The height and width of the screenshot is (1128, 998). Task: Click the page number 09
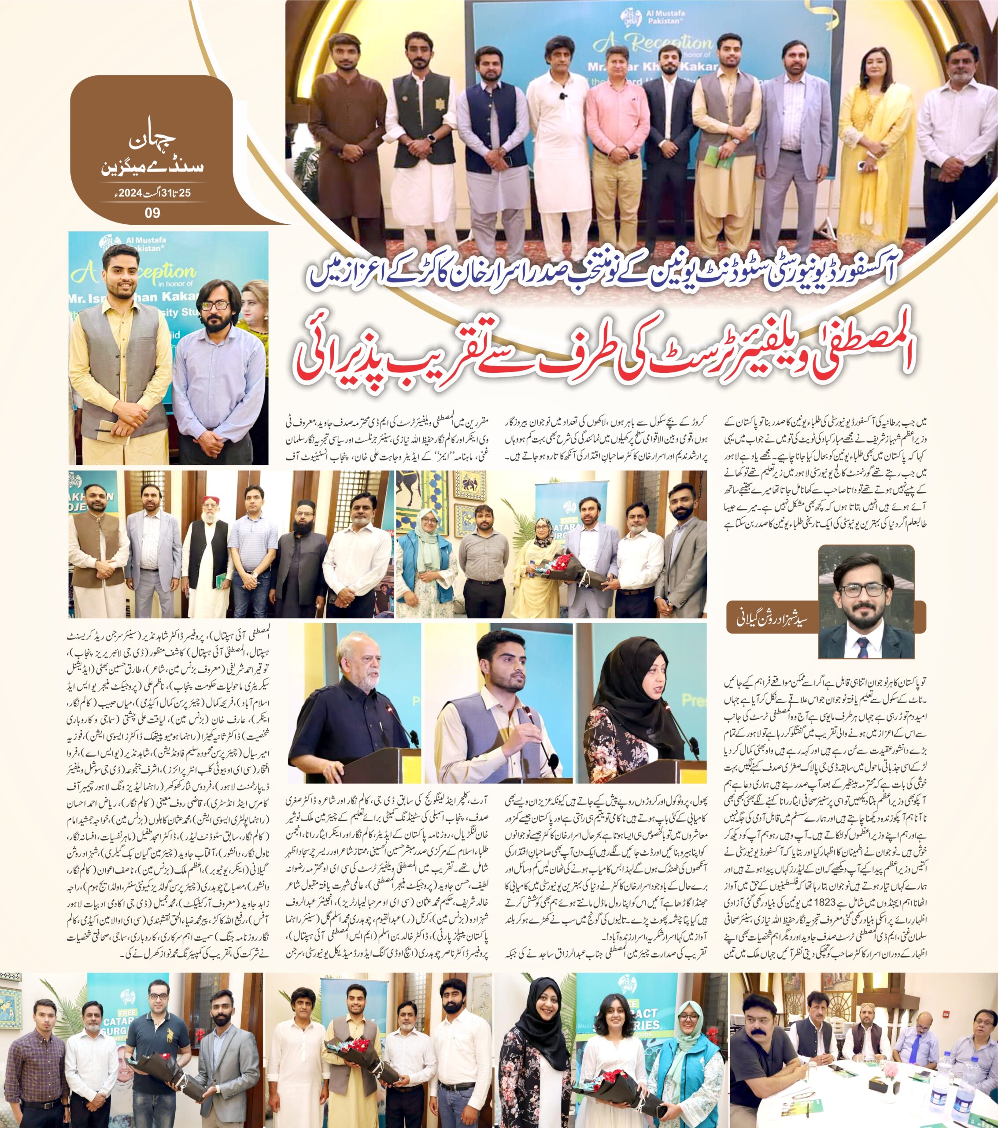pyautogui.click(x=152, y=212)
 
